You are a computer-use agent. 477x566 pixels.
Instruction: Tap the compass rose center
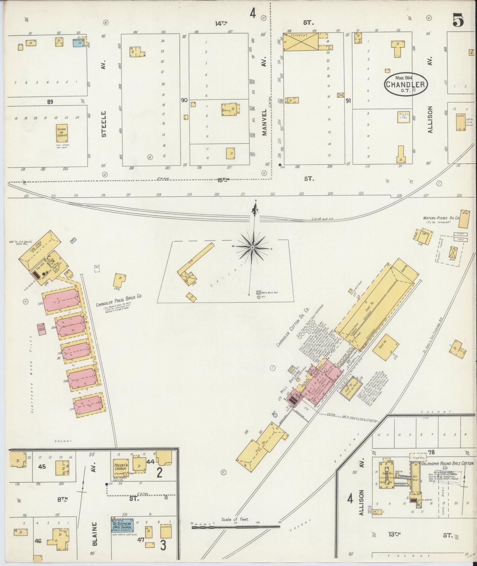click(253, 247)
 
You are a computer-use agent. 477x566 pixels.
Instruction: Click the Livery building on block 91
click(299, 42)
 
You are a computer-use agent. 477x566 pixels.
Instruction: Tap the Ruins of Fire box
click(404, 117)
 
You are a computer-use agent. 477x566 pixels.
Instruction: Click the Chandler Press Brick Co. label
click(119, 296)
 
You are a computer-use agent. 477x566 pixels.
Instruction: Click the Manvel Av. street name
click(264, 122)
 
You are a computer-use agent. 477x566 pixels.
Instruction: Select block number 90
click(184, 99)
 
